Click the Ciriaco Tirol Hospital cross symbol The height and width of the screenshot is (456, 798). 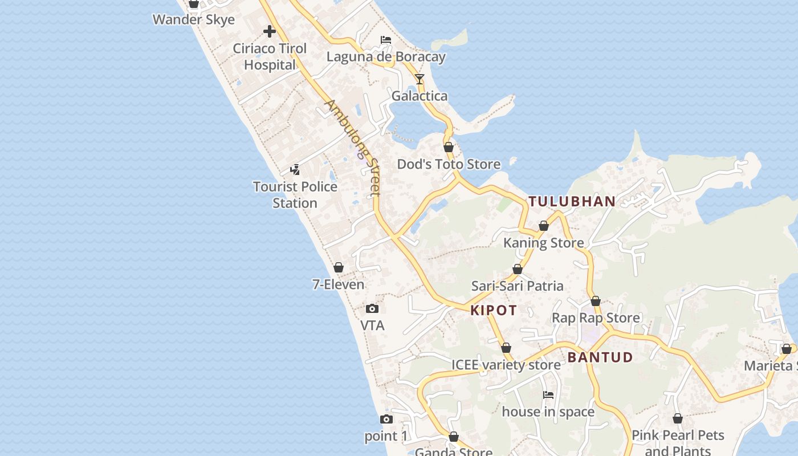click(x=270, y=31)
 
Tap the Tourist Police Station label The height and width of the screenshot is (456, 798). click(x=295, y=195)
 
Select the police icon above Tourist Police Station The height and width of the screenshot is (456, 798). click(x=295, y=169)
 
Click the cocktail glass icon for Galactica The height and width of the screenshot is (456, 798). click(x=420, y=79)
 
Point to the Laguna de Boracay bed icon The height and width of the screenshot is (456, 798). click(x=386, y=40)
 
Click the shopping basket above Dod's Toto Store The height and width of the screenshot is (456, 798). click(x=449, y=147)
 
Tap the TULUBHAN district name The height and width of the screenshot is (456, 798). click(x=572, y=201)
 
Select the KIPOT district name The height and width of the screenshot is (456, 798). click(x=494, y=311)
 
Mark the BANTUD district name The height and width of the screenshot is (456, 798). click(x=600, y=357)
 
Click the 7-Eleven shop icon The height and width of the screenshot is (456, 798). click(x=339, y=267)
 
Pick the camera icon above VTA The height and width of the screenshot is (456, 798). click(x=372, y=309)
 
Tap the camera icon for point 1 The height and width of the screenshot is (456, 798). click(x=386, y=420)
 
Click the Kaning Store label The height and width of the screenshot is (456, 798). click(x=543, y=243)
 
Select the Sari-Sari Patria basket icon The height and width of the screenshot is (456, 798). click(x=518, y=269)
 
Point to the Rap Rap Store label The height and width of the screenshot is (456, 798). click(x=596, y=317)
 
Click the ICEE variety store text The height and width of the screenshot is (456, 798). click(x=506, y=365)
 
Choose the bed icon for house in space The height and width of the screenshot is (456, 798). click(x=548, y=394)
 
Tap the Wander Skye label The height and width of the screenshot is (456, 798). click(x=194, y=20)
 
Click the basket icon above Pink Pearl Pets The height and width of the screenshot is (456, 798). click(x=678, y=419)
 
